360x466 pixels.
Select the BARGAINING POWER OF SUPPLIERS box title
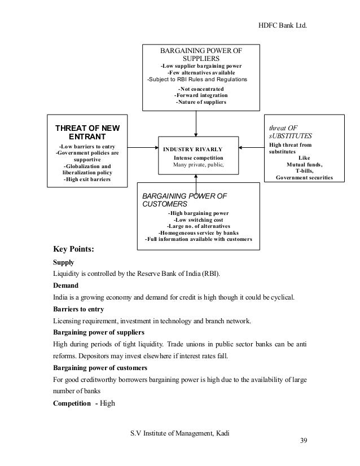click(x=201, y=54)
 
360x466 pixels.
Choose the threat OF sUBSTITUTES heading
click(x=290, y=132)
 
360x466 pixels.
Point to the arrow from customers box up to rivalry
click(x=196, y=177)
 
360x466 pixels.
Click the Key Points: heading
click(x=73, y=249)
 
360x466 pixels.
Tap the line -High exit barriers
click(x=87, y=179)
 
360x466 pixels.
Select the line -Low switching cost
click(x=198, y=219)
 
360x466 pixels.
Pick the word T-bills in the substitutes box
click(x=305, y=170)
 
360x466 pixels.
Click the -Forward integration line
click(x=200, y=95)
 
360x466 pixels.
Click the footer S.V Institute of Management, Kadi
click(x=180, y=433)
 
